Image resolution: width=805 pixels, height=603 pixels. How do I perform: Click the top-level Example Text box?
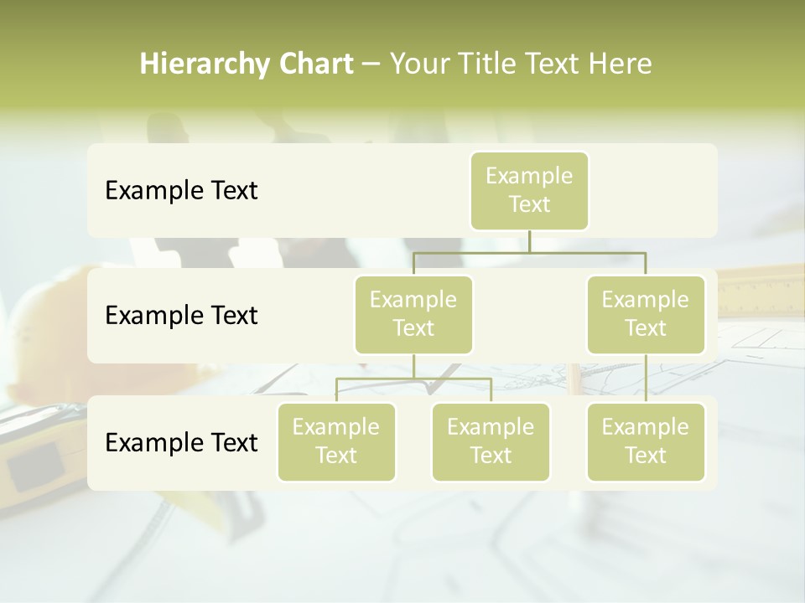529,190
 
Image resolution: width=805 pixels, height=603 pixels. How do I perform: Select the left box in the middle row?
413,314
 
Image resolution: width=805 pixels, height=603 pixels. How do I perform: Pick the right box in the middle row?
646,314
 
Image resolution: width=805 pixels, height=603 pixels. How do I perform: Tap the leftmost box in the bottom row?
336,441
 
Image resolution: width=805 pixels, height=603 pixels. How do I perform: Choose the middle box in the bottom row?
491,441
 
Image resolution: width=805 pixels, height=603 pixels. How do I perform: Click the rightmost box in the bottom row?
646,441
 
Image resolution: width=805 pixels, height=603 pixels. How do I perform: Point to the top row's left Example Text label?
181,191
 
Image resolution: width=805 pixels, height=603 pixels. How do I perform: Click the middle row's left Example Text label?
181,316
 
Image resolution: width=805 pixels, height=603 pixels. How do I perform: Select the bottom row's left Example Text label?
181,443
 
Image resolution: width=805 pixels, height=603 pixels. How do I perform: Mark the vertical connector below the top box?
529,241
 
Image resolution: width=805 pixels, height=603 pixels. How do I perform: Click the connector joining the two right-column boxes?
646,379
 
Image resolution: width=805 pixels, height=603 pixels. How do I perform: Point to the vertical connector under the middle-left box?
413,366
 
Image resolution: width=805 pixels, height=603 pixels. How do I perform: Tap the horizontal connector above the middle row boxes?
529,252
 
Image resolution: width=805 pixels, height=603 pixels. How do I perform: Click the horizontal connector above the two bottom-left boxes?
413,379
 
